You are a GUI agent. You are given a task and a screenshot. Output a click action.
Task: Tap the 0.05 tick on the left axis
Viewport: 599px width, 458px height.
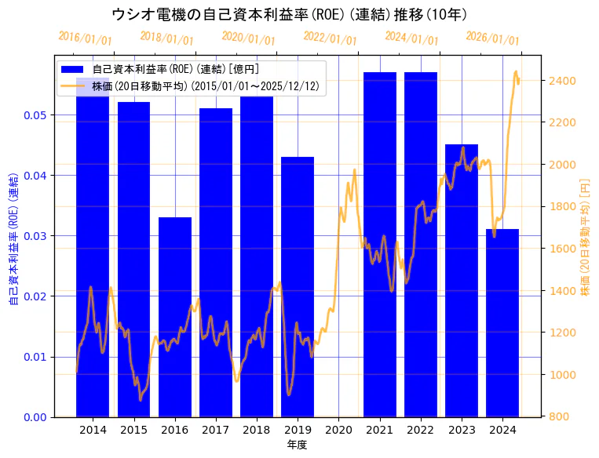pyautogui.click(x=36, y=115)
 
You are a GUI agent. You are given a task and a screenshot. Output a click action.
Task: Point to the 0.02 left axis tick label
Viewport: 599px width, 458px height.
pyautogui.click(x=36, y=296)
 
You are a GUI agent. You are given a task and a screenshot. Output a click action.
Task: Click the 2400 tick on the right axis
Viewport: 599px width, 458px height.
pyautogui.click(x=563, y=81)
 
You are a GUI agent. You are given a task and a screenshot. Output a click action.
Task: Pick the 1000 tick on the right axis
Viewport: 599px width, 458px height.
pyautogui.click(x=563, y=375)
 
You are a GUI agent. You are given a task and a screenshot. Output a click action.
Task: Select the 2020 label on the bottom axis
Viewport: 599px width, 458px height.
pyautogui.click(x=338, y=430)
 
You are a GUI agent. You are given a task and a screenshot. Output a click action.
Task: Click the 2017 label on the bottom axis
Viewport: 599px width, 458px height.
pyautogui.click(x=215, y=430)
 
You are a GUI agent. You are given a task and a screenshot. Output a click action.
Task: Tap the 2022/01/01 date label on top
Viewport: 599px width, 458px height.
pyautogui.click(x=330, y=38)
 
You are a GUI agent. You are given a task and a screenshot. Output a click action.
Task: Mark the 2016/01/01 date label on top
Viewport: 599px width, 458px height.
pyautogui.click(x=85, y=38)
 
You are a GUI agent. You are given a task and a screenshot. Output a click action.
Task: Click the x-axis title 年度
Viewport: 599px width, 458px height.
pyautogui.click(x=297, y=445)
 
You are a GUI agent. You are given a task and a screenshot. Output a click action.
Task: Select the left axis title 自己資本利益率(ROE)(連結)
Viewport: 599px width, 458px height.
pyautogui.click(x=13, y=236)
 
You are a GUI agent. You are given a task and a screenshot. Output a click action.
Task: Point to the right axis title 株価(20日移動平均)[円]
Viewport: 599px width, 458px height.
pyautogui.click(x=584, y=236)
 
